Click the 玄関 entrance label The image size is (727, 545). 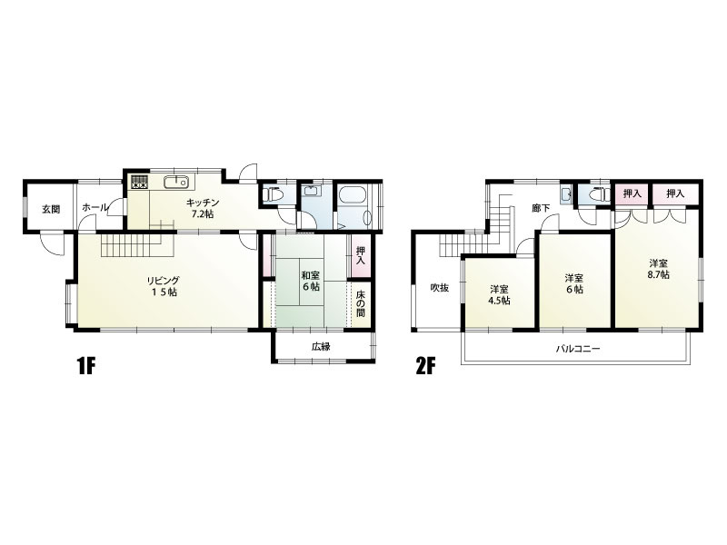pos(51,209)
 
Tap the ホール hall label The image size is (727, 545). pos(95,208)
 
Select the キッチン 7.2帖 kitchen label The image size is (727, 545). pos(203,208)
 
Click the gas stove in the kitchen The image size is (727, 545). pos(140,183)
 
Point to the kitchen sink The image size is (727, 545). pos(176,182)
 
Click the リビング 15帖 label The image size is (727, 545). pos(163,286)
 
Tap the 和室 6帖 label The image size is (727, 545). pos(311,281)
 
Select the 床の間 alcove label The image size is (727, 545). pos(360,303)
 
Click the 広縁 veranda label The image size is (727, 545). pos(321,346)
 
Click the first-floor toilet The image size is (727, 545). pos(274,194)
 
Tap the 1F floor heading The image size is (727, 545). pos(85,367)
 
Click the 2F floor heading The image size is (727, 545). pos(425,367)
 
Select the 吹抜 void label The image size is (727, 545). pos(439,288)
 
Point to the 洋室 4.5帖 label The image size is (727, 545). pos(499,294)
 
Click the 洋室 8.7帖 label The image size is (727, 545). pos(658,269)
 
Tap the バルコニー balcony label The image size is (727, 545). pos(578,348)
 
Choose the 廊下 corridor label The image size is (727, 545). pos(541,208)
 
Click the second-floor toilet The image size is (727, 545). pos(598,194)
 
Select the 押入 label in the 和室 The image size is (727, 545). pos(360,256)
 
